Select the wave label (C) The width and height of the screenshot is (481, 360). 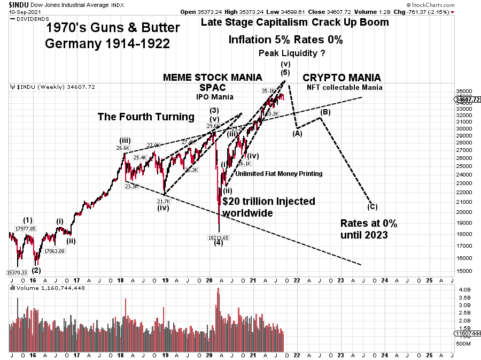tap(373, 206)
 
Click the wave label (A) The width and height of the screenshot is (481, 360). tap(297, 134)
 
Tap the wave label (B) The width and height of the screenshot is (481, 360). tap(325, 112)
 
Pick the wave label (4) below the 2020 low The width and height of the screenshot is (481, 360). tap(219, 243)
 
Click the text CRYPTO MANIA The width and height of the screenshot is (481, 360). tap(342, 78)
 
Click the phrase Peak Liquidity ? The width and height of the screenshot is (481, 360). tap(292, 53)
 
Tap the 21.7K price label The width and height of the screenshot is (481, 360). tap(163, 201)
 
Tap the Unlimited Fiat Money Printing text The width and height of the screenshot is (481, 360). tap(278, 174)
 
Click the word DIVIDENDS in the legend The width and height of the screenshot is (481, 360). tap(32, 19)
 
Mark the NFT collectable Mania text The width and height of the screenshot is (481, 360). tap(344, 87)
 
